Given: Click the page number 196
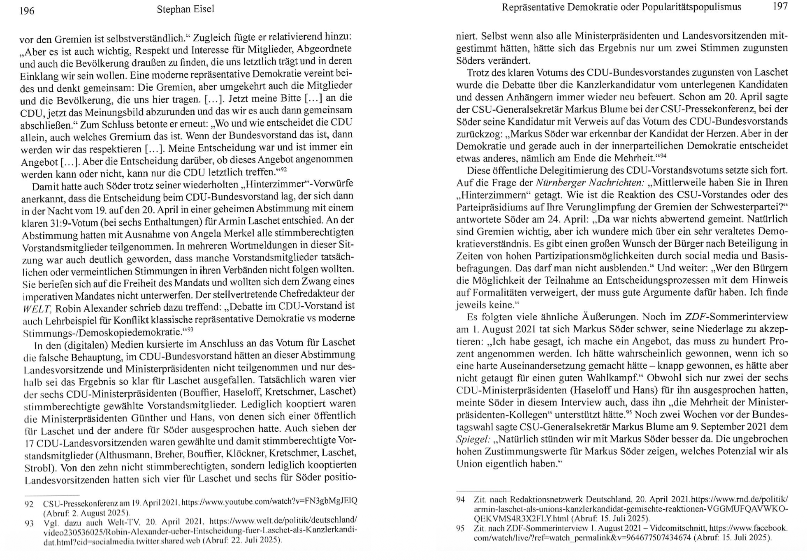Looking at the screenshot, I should click(x=27, y=11).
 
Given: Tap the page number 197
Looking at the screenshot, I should click(x=780, y=6).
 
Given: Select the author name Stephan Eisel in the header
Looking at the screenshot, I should click(x=185, y=9).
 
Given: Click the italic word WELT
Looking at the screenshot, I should click(x=37, y=309).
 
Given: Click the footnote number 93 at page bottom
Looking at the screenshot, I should click(x=29, y=523).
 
